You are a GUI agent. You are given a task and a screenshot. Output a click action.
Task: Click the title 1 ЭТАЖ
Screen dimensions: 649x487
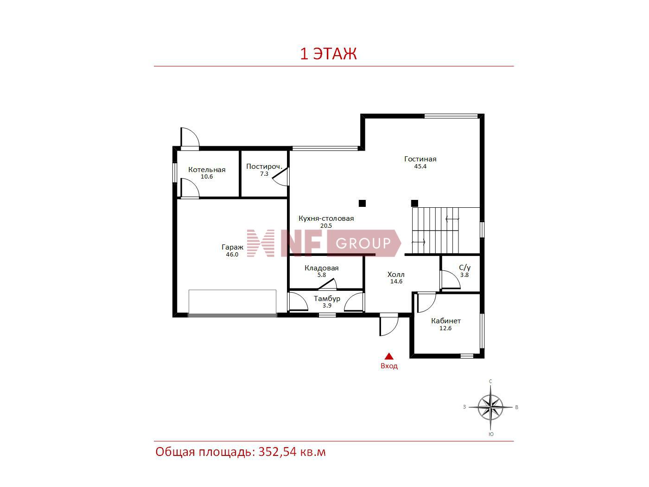tap(328, 54)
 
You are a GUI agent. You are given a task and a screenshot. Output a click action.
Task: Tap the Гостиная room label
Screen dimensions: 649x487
tap(420, 159)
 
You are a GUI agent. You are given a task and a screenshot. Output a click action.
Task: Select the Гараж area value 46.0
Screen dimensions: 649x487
tap(232, 255)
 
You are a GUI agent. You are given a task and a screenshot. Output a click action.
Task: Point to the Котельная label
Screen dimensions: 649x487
tap(207, 170)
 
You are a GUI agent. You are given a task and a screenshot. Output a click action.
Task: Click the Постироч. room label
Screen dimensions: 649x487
tap(264, 167)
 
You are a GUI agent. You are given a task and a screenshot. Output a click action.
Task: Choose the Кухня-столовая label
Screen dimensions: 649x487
tap(326, 218)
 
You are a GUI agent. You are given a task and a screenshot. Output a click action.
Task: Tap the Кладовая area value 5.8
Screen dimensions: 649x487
tap(321, 275)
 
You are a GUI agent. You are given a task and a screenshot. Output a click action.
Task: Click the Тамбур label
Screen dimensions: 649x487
tap(327, 299)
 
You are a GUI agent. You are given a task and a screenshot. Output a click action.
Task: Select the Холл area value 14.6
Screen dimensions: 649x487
tap(396, 282)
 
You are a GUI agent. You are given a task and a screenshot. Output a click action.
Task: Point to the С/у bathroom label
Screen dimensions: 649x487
tap(464, 268)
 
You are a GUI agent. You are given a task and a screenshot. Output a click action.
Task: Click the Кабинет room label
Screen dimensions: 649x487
tap(446, 321)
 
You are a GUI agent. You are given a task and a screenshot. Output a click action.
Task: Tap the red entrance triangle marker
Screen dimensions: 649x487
tap(389, 356)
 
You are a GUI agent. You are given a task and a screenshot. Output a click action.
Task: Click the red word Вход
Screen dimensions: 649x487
tap(389, 366)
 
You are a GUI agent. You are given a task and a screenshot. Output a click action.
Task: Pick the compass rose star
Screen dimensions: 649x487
tap(490, 408)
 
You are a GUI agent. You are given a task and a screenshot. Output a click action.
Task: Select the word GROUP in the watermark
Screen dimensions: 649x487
tap(363, 243)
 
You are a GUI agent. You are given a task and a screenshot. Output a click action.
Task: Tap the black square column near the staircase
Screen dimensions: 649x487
tap(414, 204)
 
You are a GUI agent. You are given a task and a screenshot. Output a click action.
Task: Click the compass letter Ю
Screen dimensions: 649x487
tap(491, 435)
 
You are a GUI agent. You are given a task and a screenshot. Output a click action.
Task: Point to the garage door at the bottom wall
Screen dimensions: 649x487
tap(232, 316)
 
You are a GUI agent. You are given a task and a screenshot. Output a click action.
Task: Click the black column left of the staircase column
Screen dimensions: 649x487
tap(362, 204)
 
